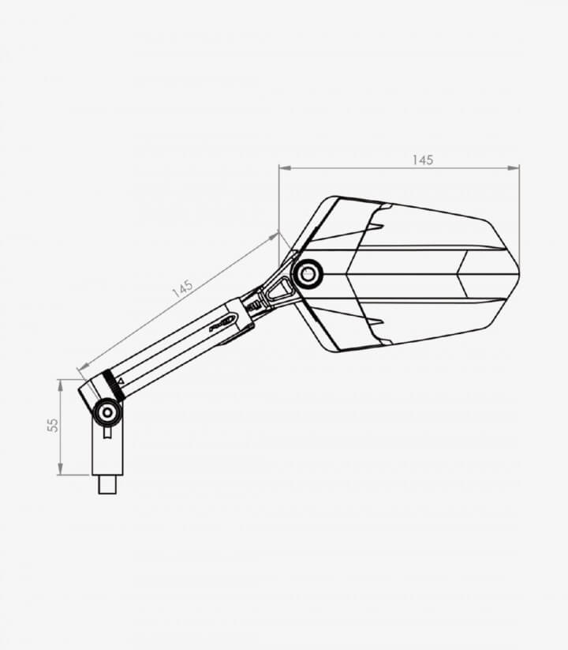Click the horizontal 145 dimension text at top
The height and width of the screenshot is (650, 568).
[423, 160]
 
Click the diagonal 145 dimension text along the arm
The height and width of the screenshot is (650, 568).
[182, 288]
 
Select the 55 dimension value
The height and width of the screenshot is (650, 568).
[53, 426]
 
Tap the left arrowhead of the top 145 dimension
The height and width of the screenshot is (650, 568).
[286, 168]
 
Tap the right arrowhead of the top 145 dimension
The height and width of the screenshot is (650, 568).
[514, 168]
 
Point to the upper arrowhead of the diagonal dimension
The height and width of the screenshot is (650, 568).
[274, 236]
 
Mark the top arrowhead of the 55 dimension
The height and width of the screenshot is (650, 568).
[61, 385]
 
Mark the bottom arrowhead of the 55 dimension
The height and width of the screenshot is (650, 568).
[61, 469]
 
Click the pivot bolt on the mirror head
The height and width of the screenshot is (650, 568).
[307, 273]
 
